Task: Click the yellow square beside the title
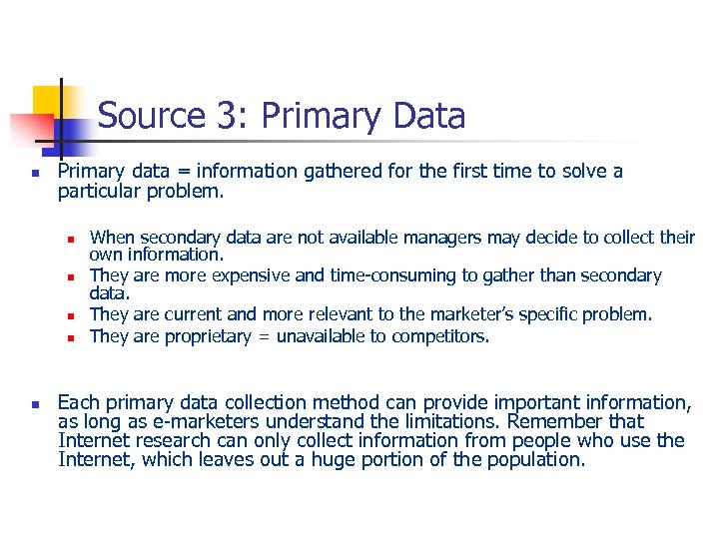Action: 48,101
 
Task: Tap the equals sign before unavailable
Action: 264,336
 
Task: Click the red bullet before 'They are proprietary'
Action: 72,337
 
